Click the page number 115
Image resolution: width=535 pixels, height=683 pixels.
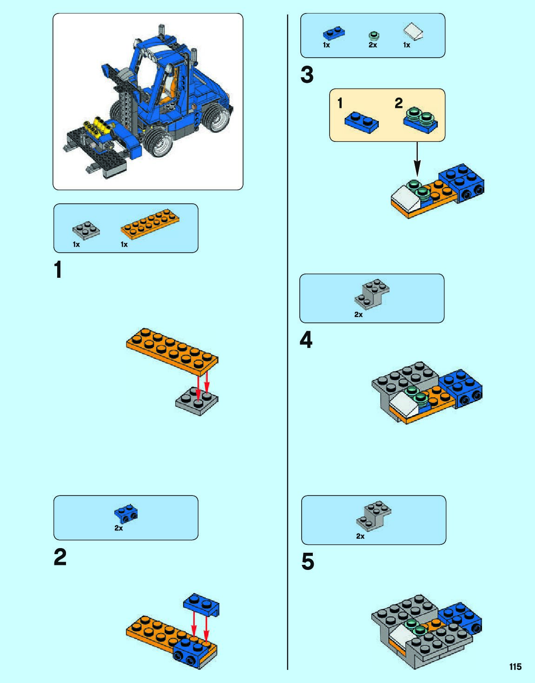pos(515,666)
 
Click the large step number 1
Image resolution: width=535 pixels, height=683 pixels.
pos(58,270)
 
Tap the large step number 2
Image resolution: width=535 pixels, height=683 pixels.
pos(60,557)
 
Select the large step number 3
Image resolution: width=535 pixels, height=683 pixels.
pos(307,75)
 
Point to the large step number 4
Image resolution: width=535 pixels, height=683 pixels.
pos(306,340)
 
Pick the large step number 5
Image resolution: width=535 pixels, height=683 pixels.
pos(308,562)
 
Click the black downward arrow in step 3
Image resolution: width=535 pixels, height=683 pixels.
pos(417,159)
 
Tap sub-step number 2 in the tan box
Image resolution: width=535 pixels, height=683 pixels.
pos(398,103)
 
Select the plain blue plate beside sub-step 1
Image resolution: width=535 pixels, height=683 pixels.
pos(361,122)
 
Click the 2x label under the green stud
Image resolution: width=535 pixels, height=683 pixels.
pos(373,45)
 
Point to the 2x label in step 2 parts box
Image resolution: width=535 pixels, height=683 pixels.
pos(119,528)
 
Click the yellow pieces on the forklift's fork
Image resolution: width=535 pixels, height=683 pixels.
pos(98,127)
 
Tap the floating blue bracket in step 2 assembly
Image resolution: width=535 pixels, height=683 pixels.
pos(201,605)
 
